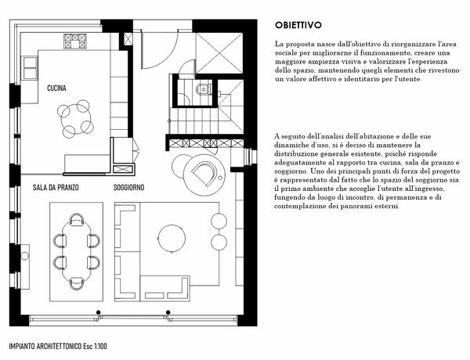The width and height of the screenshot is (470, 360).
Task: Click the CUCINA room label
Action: point(56,88)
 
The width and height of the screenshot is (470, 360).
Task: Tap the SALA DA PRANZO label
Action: point(56,188)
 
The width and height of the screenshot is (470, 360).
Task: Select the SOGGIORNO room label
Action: point(128,188)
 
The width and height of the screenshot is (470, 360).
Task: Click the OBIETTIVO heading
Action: point(298,25)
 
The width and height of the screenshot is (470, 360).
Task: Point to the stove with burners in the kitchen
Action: point(75,41)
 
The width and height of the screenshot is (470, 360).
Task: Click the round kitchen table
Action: point(75,119)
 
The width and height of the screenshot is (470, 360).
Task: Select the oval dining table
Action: point(77,251)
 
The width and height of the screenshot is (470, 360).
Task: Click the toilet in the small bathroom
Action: point(203,89)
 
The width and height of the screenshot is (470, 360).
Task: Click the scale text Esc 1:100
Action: point(93,347)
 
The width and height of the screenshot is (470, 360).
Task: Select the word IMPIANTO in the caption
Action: point(22,347)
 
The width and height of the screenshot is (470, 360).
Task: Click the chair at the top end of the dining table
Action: point(77,220)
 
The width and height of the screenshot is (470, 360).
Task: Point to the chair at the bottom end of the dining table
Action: point(77,283)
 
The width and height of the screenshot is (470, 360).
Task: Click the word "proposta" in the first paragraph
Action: point(298,45)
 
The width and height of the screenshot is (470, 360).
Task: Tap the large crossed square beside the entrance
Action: point(219,52)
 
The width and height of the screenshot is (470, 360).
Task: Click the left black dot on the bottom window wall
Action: point(98,312)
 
